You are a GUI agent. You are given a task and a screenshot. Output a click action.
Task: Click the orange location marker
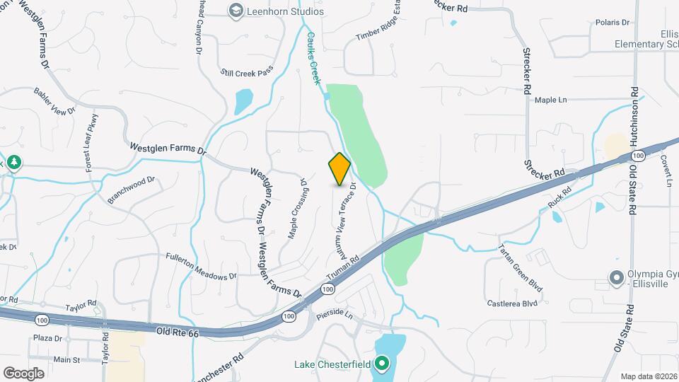340,170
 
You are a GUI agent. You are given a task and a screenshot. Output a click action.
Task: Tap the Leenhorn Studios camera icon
235,11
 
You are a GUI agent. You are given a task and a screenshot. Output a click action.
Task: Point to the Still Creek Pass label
246,72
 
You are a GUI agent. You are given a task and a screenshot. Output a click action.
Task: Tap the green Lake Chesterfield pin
383,364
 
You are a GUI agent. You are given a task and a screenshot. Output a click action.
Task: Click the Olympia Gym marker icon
615,276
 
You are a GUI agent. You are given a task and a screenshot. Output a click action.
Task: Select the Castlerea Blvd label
512,303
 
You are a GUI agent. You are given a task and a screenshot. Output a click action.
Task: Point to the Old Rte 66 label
173,330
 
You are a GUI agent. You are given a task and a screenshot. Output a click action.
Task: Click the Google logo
23,373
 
